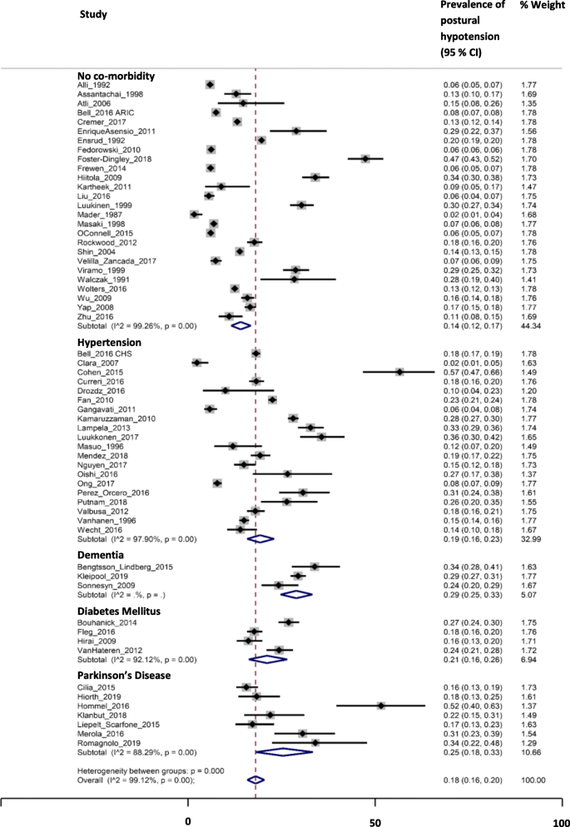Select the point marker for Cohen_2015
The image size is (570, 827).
click(399, 373)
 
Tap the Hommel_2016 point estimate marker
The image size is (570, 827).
click(381, 706)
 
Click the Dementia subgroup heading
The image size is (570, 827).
click(102, 554)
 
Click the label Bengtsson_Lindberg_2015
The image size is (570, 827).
click(126, 567)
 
